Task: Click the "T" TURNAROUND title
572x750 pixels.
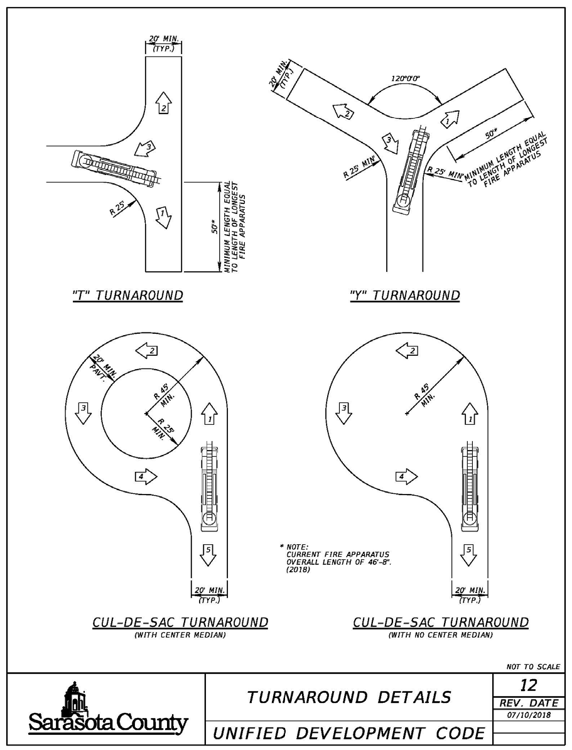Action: click(x=128, y=295)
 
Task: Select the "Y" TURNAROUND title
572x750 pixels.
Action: click(x=405, y=295)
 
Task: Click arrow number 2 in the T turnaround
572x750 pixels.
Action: click(x=164, y=102)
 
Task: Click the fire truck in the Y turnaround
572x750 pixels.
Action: click(x=411, y=170)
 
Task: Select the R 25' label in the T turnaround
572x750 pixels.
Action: click(x=118, y=208)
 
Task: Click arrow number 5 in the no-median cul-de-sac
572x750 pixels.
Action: click(x=468, y=555)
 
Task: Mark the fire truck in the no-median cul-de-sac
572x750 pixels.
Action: click(x=470, y=488)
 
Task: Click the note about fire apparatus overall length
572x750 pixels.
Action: click(x=335, y=558)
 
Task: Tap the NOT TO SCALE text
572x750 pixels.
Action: click(x=533, y=667)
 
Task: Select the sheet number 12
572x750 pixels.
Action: click(x=529, y=685)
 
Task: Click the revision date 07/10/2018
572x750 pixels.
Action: click(x=529, y=715)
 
